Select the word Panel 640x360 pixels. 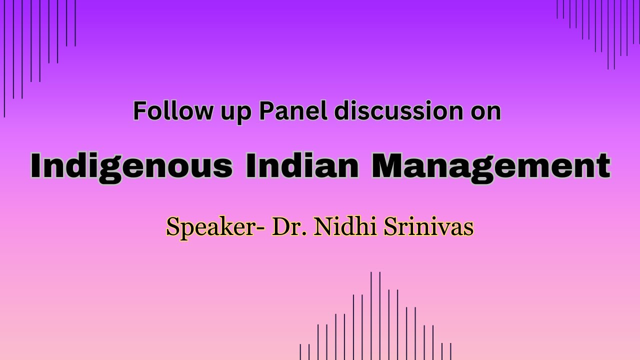pos(292,111)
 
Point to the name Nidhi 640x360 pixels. pos(345,227)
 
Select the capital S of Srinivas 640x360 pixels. pos(389,227)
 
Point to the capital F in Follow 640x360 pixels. pos(138,111)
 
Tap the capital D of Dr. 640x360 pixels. pos(280,227)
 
